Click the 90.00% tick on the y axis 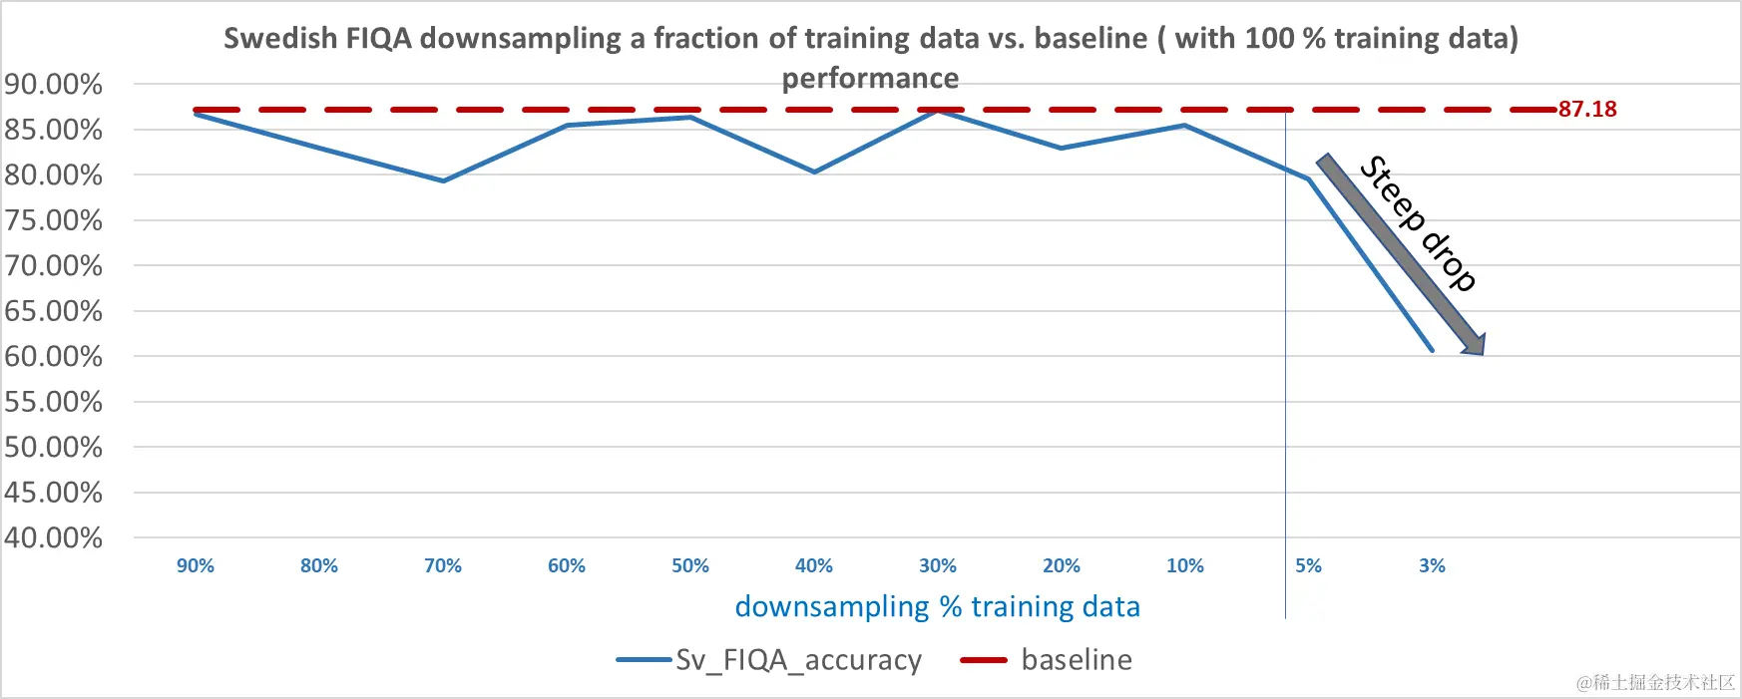(54, 85)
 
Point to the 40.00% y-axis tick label (54, 538)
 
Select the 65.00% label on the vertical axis (54, 311)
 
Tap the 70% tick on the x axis (443, 566)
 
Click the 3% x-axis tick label (1432, 566)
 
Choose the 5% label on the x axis (1308, 566)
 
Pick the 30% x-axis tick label (938, 566)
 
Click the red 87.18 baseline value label (1587, 110)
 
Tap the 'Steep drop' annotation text (1418, 222)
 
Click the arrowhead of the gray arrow (1475, 345)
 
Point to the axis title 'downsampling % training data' (937, 607)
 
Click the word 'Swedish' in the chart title (280, 39)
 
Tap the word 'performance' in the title (870, 79)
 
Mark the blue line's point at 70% (443, 180)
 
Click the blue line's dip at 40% (814, 172)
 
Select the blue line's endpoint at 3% (1432, 350)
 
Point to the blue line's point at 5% (1308, 178)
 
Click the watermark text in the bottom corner (1655, 683)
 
